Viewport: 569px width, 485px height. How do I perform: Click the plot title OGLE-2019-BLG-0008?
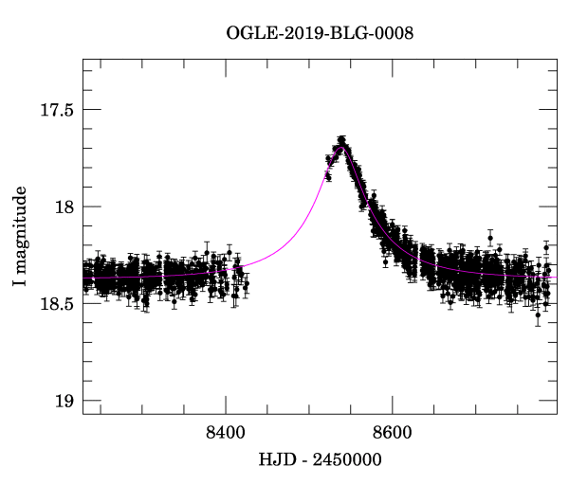[320, 33]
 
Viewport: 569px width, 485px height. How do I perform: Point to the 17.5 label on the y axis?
[57, 110]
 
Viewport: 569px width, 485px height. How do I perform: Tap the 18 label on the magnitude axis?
[64, 207]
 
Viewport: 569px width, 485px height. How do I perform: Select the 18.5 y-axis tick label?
[57, 304]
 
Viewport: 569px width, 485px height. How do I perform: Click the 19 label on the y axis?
[64, 401]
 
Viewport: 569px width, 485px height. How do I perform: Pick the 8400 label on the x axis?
[226, 433]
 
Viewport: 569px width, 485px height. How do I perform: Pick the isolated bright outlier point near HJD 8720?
[490, 237]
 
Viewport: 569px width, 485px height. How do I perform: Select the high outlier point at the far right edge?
[546, 247]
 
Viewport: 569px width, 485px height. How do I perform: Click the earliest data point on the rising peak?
[327, 176]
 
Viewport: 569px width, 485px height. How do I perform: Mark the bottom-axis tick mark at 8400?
[226, 408]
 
